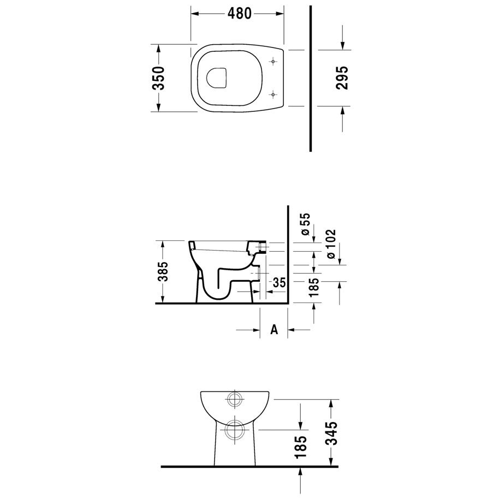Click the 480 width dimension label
tap(239, 13)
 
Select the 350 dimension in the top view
tap(158, 78)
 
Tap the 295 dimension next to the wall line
tap(342, 78)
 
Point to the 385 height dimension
tap(163, 272)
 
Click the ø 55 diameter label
tap(306, 224)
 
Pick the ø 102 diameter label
tap(331, 244)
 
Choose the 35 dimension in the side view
tap(279, 282)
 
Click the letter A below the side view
tap(274, 330)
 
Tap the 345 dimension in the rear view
tap(331, 433)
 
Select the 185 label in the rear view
tap(301, 447)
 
